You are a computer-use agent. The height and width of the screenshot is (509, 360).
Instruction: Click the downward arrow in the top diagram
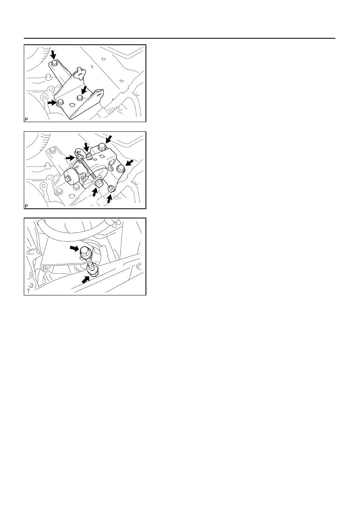tap(53, 55)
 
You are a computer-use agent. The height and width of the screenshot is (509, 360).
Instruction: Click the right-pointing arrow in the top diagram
tap(52, 102)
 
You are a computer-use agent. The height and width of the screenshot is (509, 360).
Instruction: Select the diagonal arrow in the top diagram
tap(84, 89)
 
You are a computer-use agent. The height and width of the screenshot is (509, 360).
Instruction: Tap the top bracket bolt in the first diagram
tap(54, 63)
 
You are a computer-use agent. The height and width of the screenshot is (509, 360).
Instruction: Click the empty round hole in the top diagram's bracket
tap(72, 105)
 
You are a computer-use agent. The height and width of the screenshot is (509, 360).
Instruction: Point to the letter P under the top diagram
tap(26, 120)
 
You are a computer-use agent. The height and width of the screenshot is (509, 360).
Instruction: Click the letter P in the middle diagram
tap(26, 206)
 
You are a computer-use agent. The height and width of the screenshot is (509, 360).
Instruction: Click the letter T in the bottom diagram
tap(28, 291)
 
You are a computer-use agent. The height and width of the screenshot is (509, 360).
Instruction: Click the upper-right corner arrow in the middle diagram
tap(109, 139)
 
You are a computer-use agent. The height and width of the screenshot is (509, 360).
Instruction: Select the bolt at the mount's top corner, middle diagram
tap(101, 147)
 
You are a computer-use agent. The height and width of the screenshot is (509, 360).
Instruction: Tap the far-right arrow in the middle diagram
tap(130, 162)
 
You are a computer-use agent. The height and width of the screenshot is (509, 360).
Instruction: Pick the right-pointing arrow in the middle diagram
tap(71, 158)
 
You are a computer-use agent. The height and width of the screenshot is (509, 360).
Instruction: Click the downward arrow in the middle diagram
tap(86, 147)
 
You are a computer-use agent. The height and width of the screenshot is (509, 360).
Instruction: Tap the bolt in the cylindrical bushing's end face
tap(68, 179)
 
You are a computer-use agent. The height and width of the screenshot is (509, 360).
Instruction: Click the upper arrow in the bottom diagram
tap(74, 248)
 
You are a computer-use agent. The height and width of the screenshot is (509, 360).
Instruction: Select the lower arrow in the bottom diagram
tap(85, 280)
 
